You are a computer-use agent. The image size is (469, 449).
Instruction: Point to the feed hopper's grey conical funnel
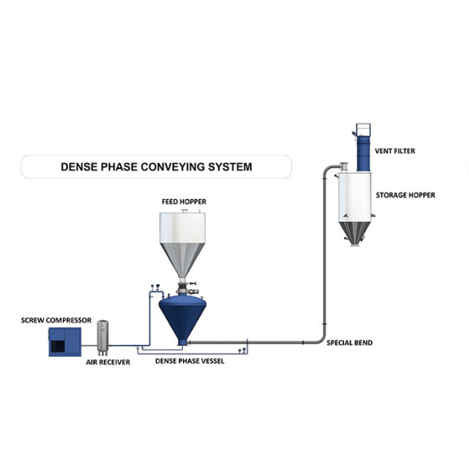pyautogui.click(x=183, y=260)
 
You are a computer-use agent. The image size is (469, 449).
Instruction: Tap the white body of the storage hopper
pyautogui.click(x=356, y=194)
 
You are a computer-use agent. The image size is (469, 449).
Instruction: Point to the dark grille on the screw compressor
pyautogui.click(x=57, y=346)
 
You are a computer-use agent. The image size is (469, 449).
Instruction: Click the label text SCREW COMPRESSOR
pyautogui.click(x=56, y=321)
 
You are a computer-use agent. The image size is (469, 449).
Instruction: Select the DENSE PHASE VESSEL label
pyautogui.click(x=190, y=361)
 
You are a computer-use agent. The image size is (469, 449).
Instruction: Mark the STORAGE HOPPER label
pyautogui.click(x=405, y=195)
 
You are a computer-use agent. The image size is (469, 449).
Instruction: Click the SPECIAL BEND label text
pyautogui.click(x=350, y=343)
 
